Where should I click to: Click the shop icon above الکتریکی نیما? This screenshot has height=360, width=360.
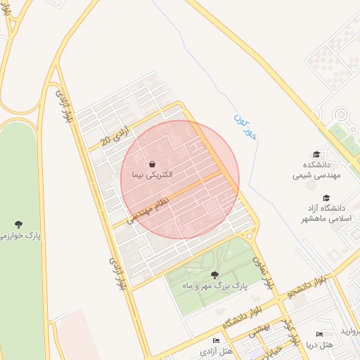(153, 163)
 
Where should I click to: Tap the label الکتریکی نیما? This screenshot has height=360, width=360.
(152, 174)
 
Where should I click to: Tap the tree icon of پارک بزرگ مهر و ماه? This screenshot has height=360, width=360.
(214, 276)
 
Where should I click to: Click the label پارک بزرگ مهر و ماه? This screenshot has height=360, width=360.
(217, 286)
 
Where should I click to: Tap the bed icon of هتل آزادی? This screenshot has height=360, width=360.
(216, 340)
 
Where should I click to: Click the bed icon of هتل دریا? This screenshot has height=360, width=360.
(320, 334)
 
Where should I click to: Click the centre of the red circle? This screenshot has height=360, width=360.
(180, 180)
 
